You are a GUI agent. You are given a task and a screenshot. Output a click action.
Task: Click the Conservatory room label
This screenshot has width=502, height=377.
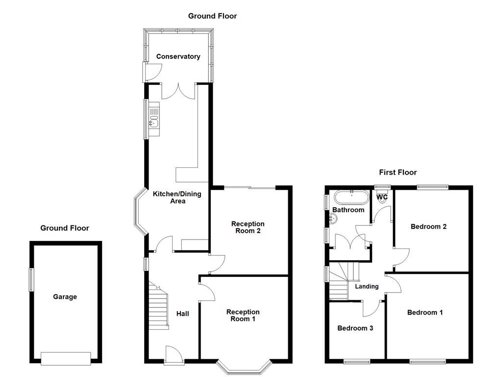(x=178, y=56)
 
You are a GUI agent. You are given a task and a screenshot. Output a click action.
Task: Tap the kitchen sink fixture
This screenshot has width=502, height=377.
(x=154, y=119)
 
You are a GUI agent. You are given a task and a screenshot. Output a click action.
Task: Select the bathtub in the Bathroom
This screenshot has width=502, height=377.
(x=351, y=197)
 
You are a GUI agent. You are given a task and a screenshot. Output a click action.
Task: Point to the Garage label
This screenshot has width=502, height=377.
(x=65, y=297)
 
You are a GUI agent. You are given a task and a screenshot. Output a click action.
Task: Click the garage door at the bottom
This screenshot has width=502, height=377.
(x=66, y=359)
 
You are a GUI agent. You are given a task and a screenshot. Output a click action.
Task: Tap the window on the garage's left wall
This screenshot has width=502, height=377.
(x=31, y=279)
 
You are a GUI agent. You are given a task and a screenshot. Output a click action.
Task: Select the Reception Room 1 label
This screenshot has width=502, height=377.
(x=243, y=316)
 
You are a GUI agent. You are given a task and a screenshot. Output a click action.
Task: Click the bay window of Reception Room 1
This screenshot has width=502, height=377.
(x=244, y=368)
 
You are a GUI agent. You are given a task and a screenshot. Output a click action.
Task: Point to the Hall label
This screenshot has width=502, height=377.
(x=182, y=314)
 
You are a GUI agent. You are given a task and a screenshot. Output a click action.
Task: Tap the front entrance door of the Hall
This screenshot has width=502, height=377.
(x=174, y=355)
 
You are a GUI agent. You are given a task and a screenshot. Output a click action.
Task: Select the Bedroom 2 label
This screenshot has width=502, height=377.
(x=428, y=227)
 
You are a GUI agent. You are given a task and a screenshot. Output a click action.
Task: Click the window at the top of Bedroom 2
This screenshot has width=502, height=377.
(x=432, y=187)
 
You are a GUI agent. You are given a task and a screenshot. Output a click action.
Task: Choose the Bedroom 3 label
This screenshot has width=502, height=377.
(x=355, y=328)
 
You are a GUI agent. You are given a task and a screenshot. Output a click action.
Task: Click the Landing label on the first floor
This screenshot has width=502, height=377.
(x=367, y=286)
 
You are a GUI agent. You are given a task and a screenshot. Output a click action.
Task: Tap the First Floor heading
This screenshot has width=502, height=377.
(x=398, y=172)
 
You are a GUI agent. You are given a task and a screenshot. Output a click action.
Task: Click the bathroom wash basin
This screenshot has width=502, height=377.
(x=333, y=219)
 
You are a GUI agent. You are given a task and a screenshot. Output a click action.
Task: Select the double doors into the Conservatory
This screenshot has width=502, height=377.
(x=178, y=91)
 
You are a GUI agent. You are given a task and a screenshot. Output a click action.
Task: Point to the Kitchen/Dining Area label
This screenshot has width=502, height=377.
(x=177, y=197)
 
